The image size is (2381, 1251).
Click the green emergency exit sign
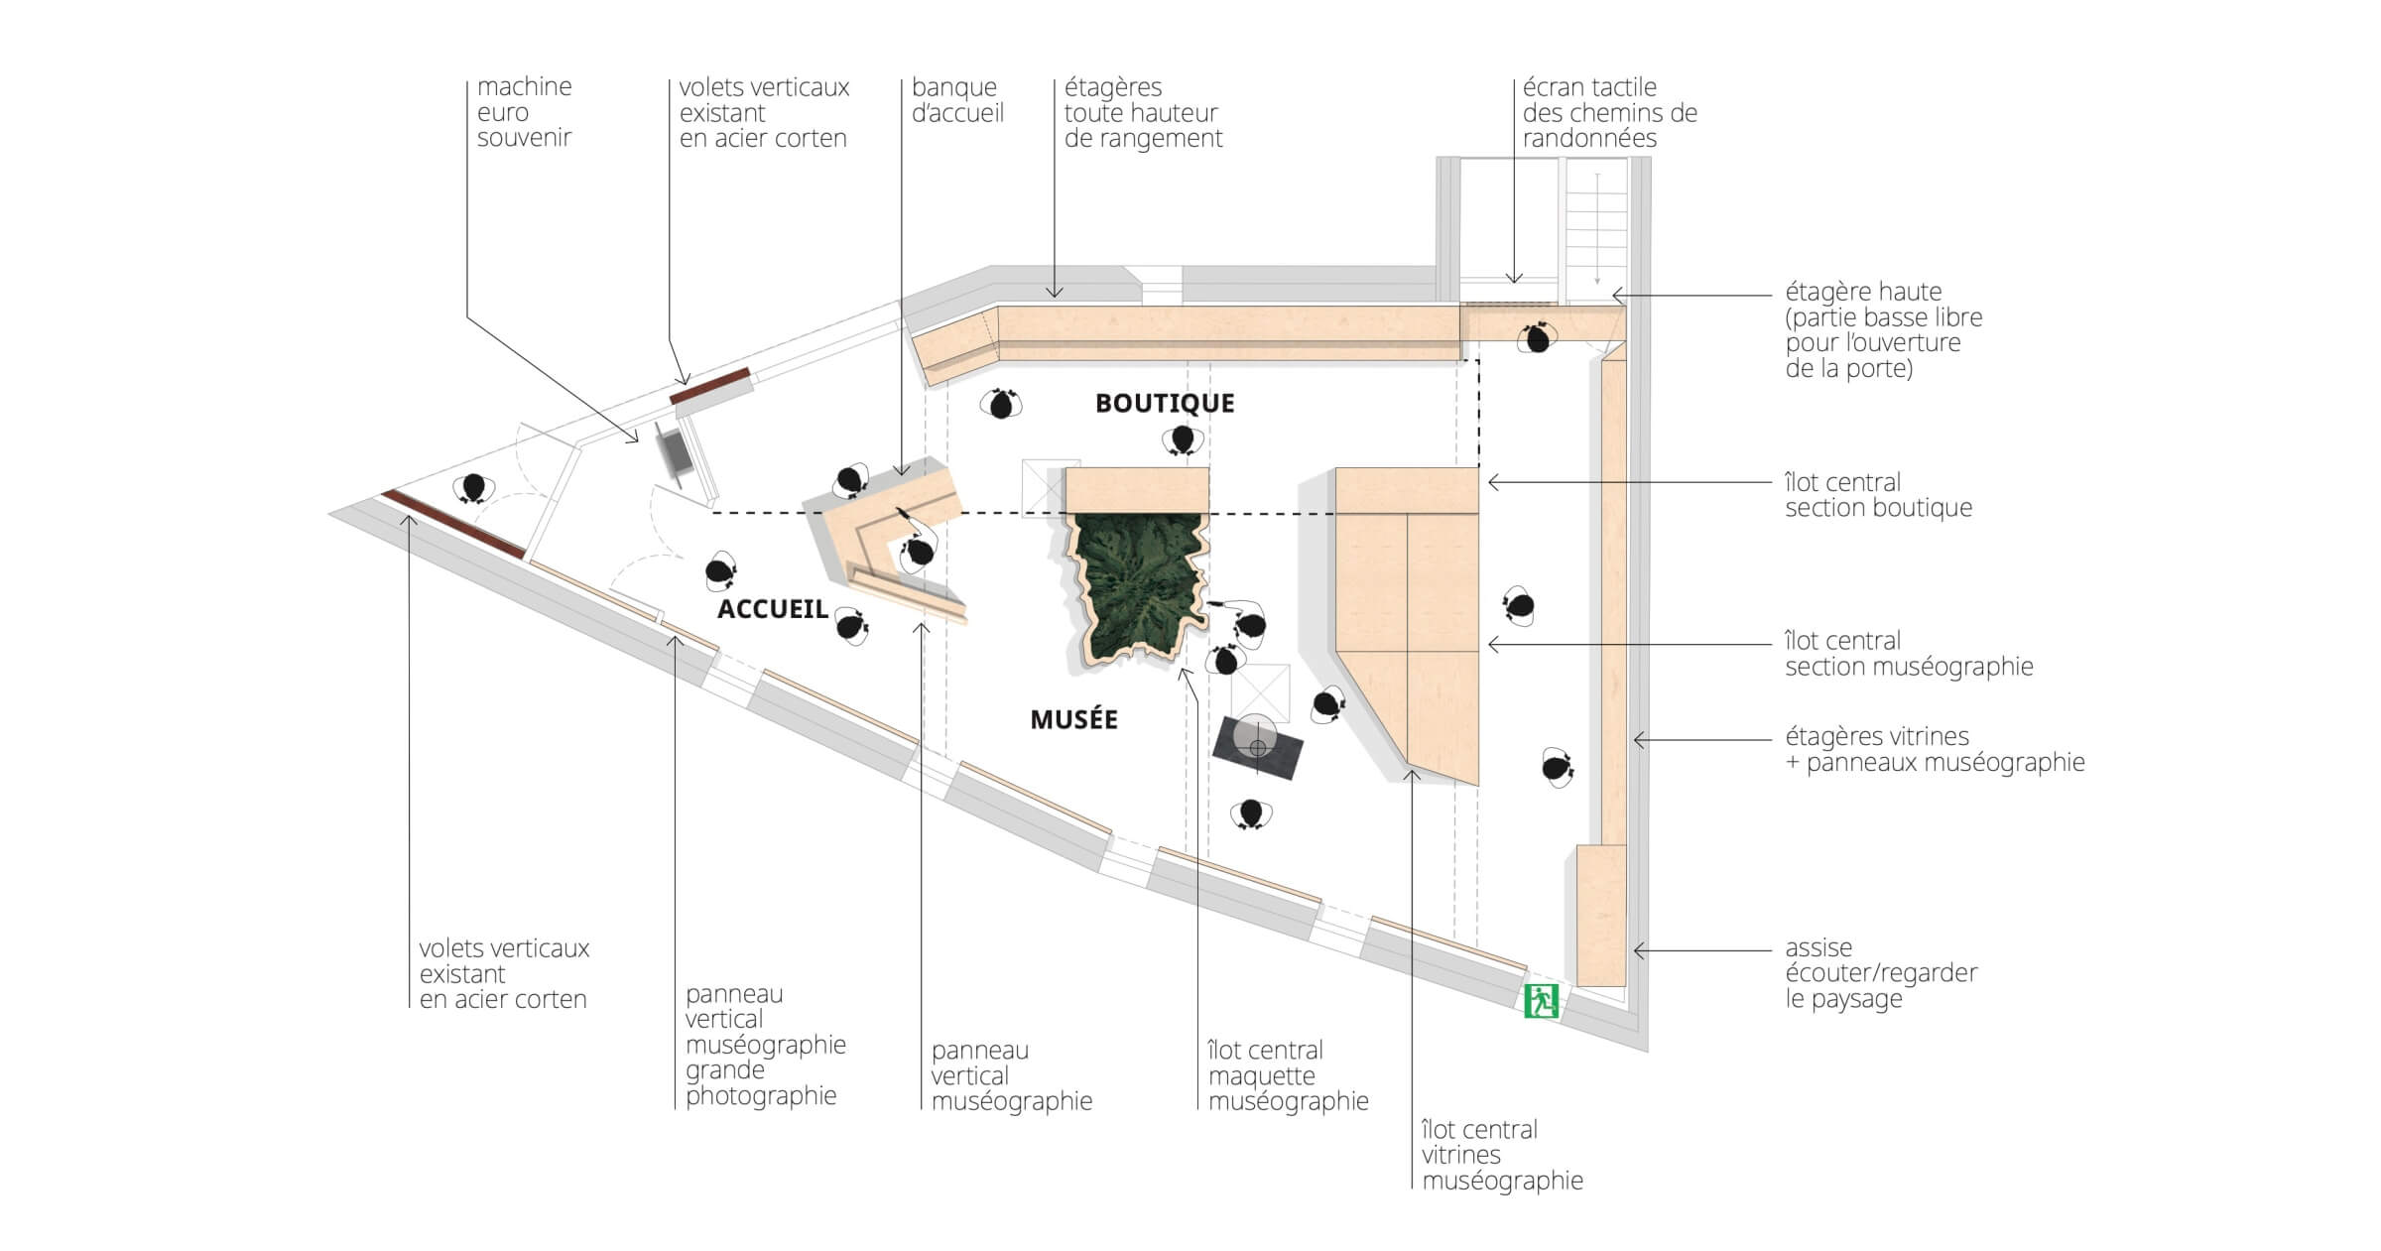pyautogui.click(x=1541, y=1000)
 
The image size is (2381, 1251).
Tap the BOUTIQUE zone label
pyautogui.click(x=1165, y=403)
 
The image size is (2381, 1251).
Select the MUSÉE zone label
pyautogui.click(x=1073, y=719)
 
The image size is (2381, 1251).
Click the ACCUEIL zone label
pyautogui.click(x=772, y=608)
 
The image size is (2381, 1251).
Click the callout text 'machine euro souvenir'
pyautogui.click(x=524, y=112)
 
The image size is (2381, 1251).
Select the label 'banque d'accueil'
pyautogui.click(x=957, y=100)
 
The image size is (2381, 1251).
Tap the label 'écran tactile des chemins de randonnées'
pyautogui.click(x=1609, y=112)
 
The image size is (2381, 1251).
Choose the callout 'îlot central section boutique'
pyautogui.click(x=1878, y=495)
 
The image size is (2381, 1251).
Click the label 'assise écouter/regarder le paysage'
pyautogui.click(x=1881, y=973)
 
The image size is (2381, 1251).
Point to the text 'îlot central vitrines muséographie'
pyautogui.click(x=1502, y=1155)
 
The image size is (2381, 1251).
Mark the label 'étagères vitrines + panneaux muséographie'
pyautogui.click(x=1935, y=749)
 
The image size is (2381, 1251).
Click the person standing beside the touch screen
pyautogui.click(x=1537, y=338)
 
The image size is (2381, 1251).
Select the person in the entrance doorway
pyautogui.click(x=473, y=488)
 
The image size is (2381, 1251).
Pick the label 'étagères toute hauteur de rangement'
pyautogui.click(x=1143, y=112)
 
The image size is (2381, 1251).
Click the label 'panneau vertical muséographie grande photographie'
pyautogui.click(x=765, y=1045)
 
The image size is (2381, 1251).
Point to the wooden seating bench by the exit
pyautogui.click(x=1600, y=915)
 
